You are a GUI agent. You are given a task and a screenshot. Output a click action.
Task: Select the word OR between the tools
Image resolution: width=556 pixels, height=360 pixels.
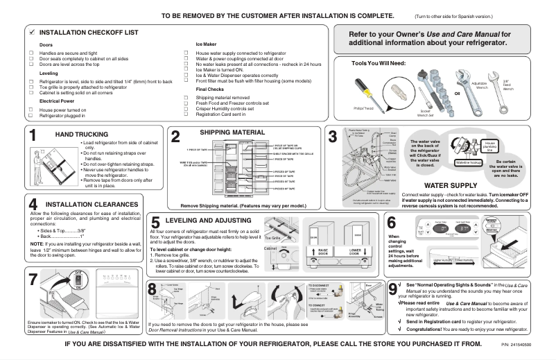point(457,93)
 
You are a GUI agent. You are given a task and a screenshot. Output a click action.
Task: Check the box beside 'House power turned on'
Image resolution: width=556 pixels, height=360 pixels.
point(31,110)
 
